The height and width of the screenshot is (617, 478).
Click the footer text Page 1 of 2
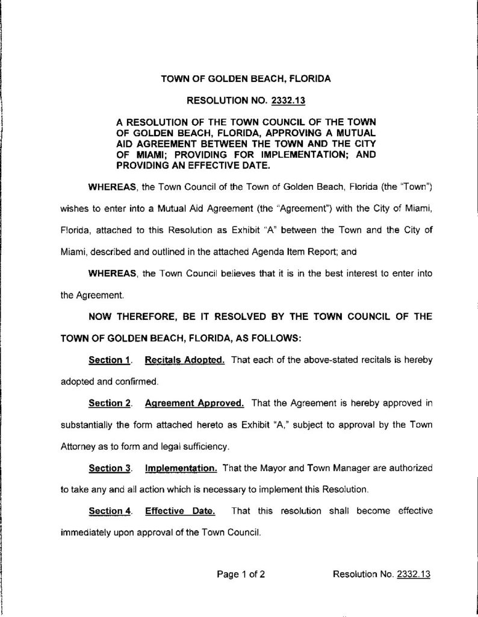[241, 574]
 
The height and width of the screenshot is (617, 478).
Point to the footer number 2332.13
[414, 574]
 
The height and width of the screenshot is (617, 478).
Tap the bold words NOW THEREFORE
[133, 318]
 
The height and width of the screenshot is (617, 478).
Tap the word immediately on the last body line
[86, 533]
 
